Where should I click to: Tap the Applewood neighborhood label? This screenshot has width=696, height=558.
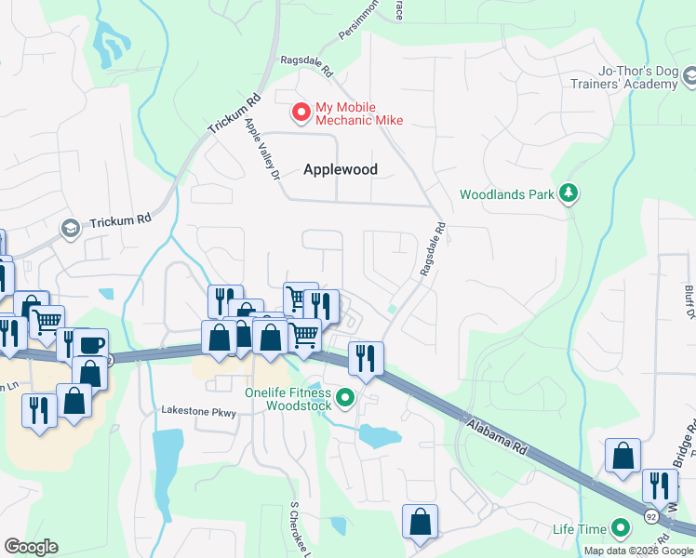coord(340,169)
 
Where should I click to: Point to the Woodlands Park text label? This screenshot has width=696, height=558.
coord(506,195)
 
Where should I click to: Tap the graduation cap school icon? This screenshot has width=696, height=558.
coord(69,228)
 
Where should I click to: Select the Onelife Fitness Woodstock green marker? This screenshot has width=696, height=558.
coord(345,399)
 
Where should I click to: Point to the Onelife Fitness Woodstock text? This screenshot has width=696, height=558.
coord(288,399)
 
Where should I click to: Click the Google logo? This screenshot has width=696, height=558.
coord(31,547)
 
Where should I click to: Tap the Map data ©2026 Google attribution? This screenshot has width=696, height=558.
coord(638,551)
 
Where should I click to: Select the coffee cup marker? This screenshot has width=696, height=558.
coord(91,344)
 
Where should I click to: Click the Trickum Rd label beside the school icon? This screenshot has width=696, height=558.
coord(120,223)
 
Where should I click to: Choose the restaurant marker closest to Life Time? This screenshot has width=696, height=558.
coord(660,485)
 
